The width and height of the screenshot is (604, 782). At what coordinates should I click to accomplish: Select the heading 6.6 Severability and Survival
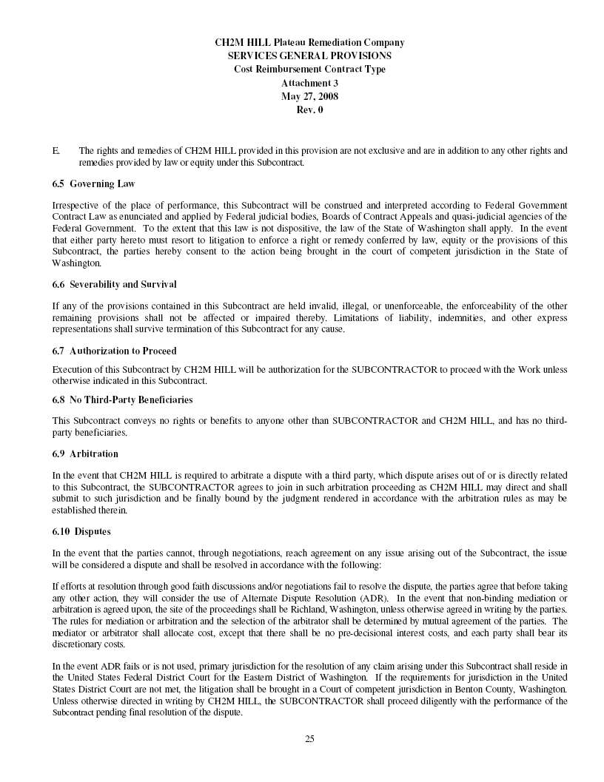point(114,284)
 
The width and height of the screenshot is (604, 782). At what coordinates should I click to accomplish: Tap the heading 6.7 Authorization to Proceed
point(114,351)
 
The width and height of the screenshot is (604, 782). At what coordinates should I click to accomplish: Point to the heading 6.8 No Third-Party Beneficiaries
point(122,400)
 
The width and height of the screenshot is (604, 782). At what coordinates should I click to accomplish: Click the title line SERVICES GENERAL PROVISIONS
point(309,55)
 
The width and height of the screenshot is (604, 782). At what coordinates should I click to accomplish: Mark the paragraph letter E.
point(56,151)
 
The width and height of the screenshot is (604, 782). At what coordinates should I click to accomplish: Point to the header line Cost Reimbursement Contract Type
point(309,70)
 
